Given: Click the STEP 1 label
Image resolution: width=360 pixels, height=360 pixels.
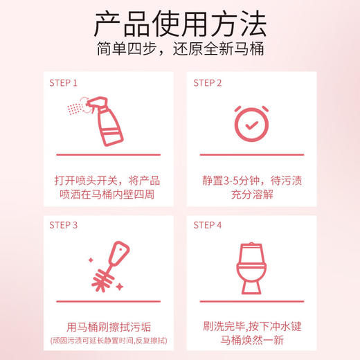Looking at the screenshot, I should [x=64, y=82].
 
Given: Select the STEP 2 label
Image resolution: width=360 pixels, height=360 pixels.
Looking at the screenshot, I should [x=208, y=82].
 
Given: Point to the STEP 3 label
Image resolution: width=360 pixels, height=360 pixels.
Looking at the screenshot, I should [x=64, y=225].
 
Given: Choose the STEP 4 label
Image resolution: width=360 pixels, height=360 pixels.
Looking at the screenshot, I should [x=208, y=225].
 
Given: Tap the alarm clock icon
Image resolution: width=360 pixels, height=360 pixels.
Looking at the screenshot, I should [x=251, y=120].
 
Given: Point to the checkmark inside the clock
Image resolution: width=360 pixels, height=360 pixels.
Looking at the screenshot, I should [x=251, y=122].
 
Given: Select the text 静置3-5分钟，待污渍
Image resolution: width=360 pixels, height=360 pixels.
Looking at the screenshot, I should [x=251, y=180].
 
